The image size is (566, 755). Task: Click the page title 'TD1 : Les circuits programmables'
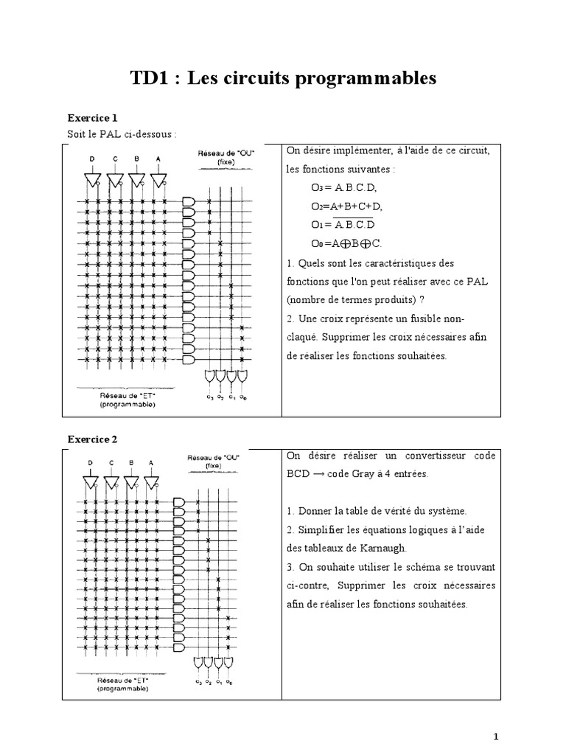coord(283,79)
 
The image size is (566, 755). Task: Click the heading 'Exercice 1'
coord(92,118)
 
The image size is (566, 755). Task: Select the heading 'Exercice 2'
coord(92,439)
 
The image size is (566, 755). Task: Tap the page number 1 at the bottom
coord(496,736)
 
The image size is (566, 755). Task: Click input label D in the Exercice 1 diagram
coord(92,159)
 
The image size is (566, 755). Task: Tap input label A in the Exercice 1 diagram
coord(157,159)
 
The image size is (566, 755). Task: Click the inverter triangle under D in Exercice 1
coord(93,180)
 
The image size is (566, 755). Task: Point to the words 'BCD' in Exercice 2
coord(298,474)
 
